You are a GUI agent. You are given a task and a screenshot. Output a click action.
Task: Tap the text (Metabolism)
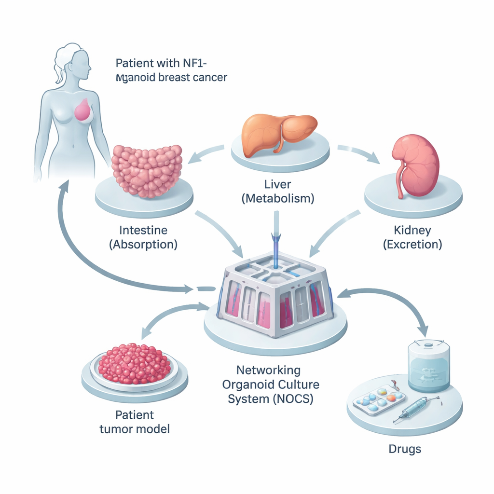pos(277,198)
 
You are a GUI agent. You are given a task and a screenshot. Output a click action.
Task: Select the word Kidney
pos(412,231)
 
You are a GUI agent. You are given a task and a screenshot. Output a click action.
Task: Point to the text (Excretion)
pos(412,244)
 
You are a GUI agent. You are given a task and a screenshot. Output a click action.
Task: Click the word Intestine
pos(143,231)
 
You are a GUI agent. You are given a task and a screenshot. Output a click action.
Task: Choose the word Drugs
pos(405,449)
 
